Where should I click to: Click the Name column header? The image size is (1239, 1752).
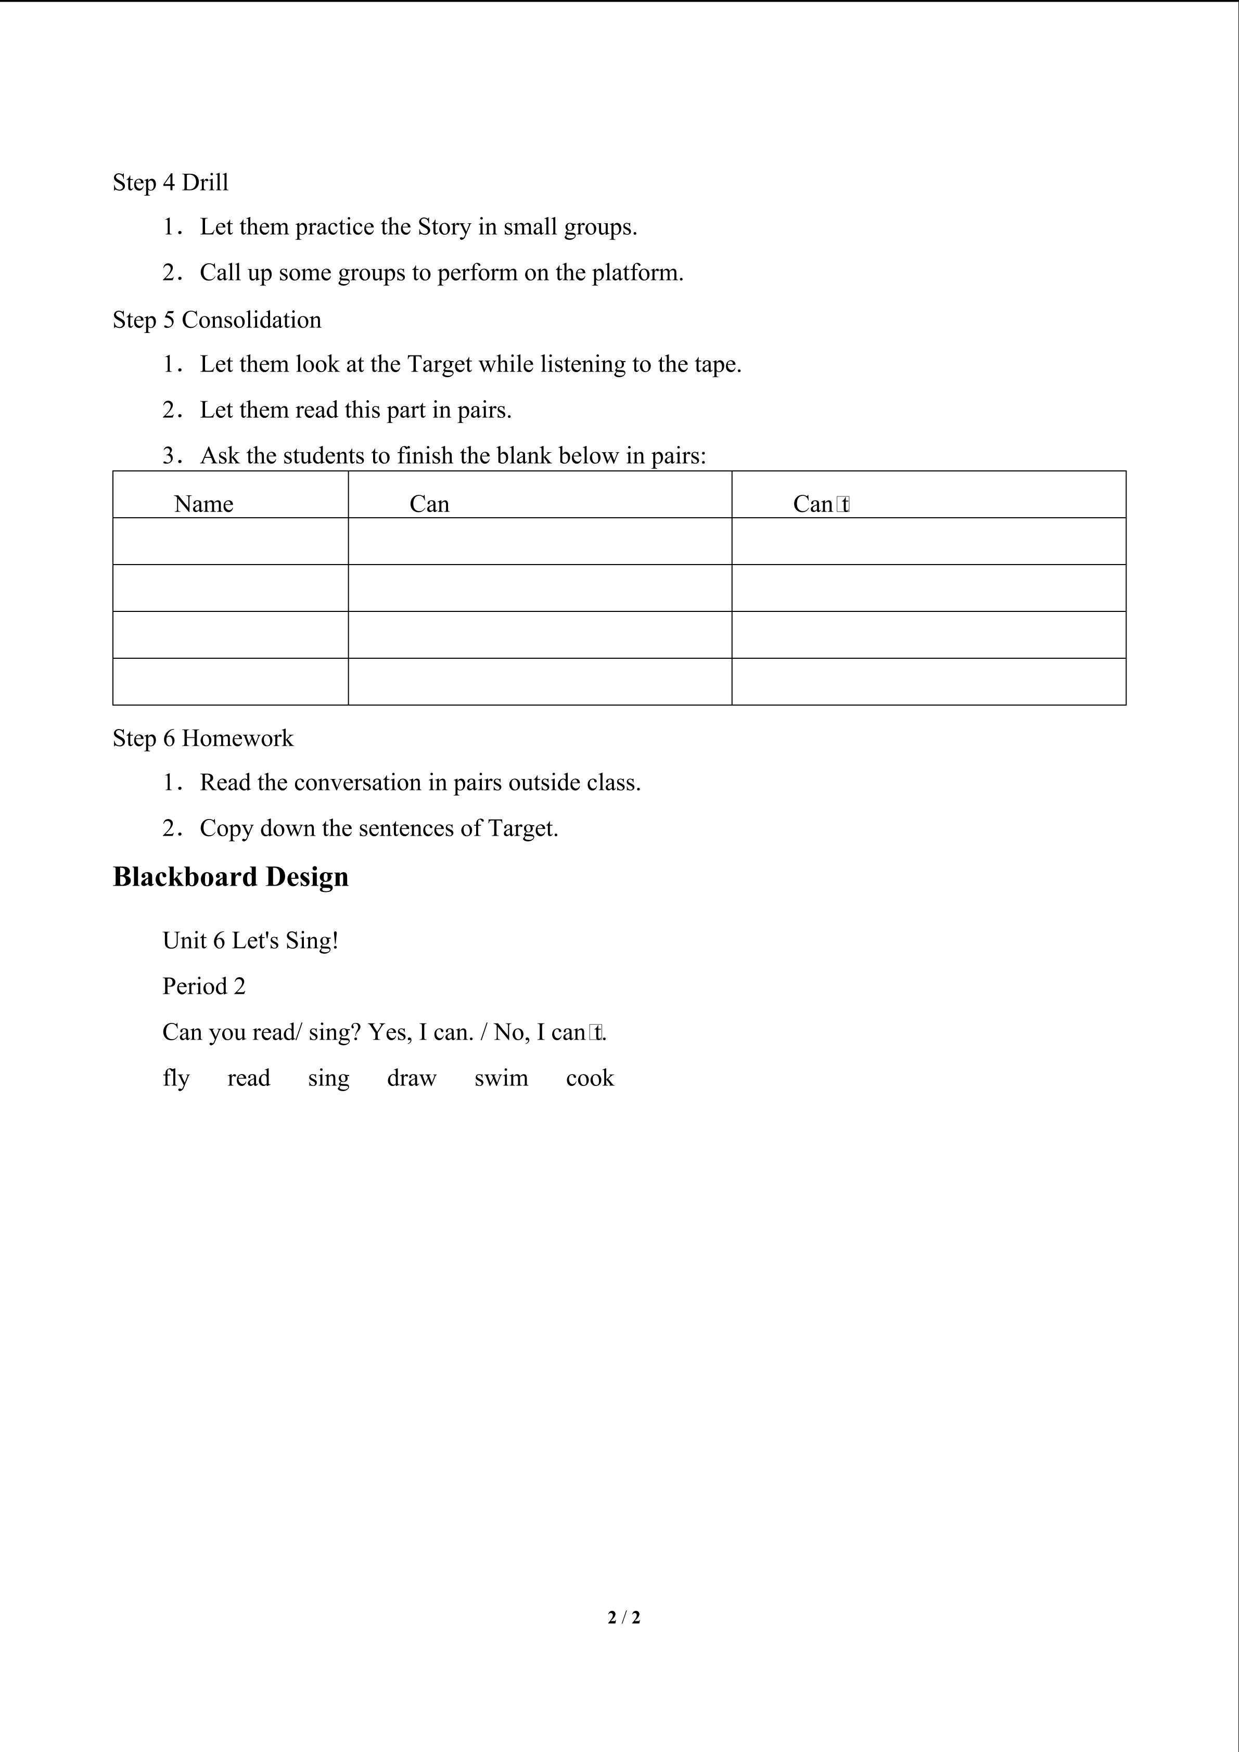203,504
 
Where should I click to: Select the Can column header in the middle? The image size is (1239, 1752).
429,504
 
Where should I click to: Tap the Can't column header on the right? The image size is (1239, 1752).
822,504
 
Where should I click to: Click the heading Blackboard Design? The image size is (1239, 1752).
231,877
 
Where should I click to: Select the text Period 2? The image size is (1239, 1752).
203,987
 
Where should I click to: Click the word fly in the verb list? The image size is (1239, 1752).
175,1079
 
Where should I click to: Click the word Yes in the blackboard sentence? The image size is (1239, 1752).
388,1032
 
